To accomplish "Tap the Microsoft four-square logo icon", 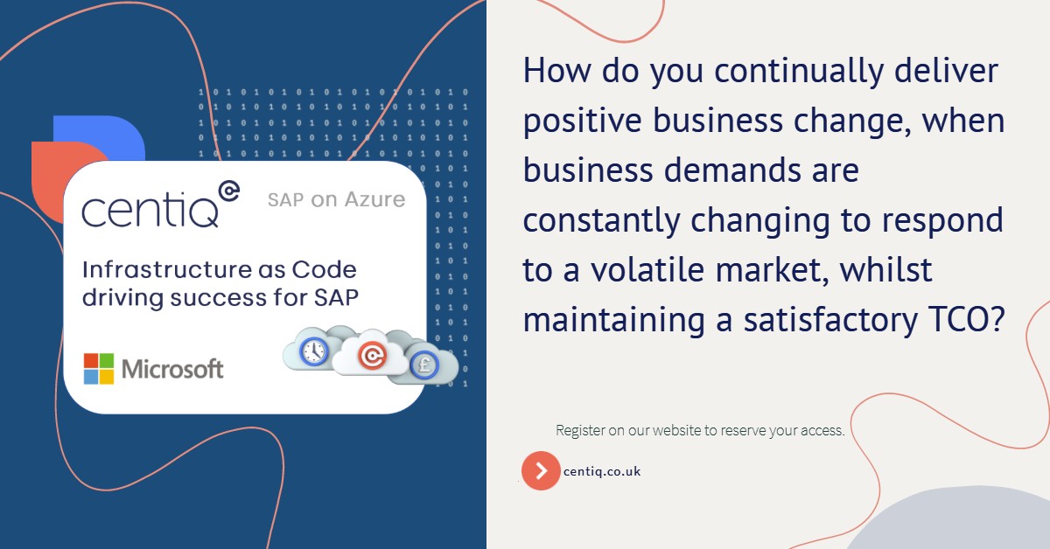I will point(99,369).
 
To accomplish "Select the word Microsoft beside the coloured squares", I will point(172,369).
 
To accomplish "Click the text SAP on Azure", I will point(337,200).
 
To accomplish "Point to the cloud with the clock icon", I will point(312,351).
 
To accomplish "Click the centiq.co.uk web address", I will point(602,471).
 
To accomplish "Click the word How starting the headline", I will point(553,71).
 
